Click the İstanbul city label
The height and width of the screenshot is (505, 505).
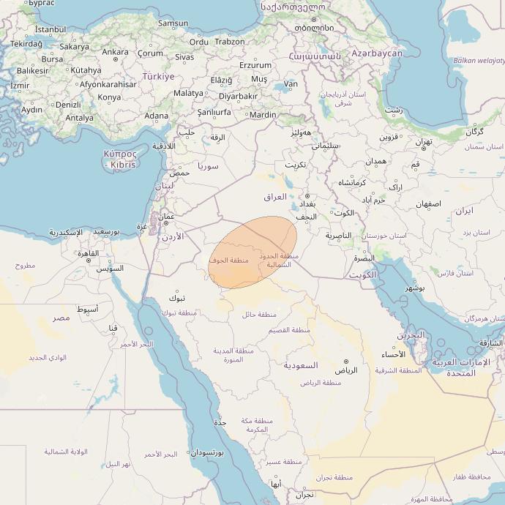pyautogui.click(x=50, y=29)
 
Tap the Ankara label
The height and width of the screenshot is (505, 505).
pyautogui.click(x=115, y=52)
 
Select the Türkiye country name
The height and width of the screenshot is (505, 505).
pyautogui.click(x=158, y=76)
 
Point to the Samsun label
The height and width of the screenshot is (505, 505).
pyautogui.click(x=173, y=23)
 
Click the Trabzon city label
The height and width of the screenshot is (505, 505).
pyautogui.click(x=230, y=42)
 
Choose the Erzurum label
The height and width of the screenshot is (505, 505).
pyautogui.click(x=255, y=65)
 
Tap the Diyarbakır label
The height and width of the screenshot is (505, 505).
pyautogui.click(x=238, y=96)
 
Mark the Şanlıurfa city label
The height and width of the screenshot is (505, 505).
pyautogui.click(x=214, y=112)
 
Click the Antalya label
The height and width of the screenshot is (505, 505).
pyautogui.click(x=79, y=117)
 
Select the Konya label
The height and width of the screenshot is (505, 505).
pyautogui.click(x=109, y=97)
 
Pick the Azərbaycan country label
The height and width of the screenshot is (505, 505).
pyautogui.click(x=376, y=53)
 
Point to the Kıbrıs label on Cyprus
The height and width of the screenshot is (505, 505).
pyautogui.click(x=121, y=165)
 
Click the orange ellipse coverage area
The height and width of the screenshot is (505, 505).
pyautogui.click(x=252, y=252)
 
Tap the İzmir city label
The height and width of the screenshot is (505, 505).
pyautogui.click(x=20, y=86)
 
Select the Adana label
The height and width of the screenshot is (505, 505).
pyautogui.click(x=156, y=116)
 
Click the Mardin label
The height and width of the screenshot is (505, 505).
pyautogui.click(x=263, y=115)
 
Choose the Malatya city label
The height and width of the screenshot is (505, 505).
pyautogui.click(x=188, y=93)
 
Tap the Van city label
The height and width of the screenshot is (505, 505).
pyautogui.click(x=291, y=84)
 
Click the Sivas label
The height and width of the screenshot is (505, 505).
pyautogui.click(x=184, y=56)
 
